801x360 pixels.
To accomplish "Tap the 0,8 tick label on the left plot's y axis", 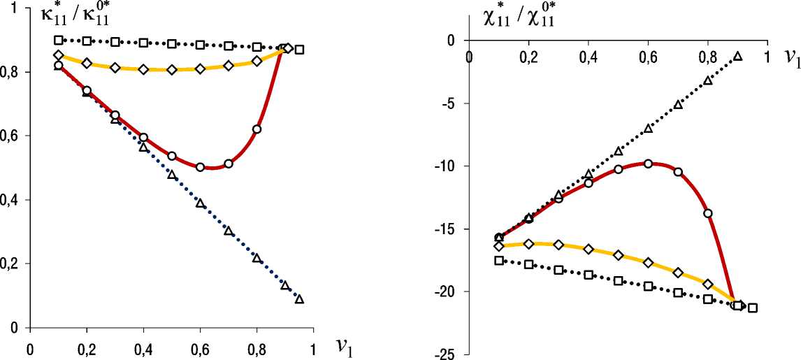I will point(11,72).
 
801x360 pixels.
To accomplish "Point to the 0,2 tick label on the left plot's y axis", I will point(11,264).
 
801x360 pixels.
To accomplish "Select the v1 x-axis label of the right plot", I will point(791,58).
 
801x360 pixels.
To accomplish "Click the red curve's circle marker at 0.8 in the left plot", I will point(257,129).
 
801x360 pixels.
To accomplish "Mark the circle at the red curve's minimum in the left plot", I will point(200,167).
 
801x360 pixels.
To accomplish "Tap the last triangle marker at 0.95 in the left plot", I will point(299,299).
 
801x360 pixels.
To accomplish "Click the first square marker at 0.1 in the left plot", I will point(59,40).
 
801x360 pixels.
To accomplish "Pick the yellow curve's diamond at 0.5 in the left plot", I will point(171,70).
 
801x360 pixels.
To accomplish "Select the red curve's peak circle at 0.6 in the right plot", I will point(648,164).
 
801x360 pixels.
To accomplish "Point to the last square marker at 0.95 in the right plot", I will point(752,308).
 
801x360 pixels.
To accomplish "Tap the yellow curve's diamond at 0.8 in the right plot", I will point(707,284).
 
